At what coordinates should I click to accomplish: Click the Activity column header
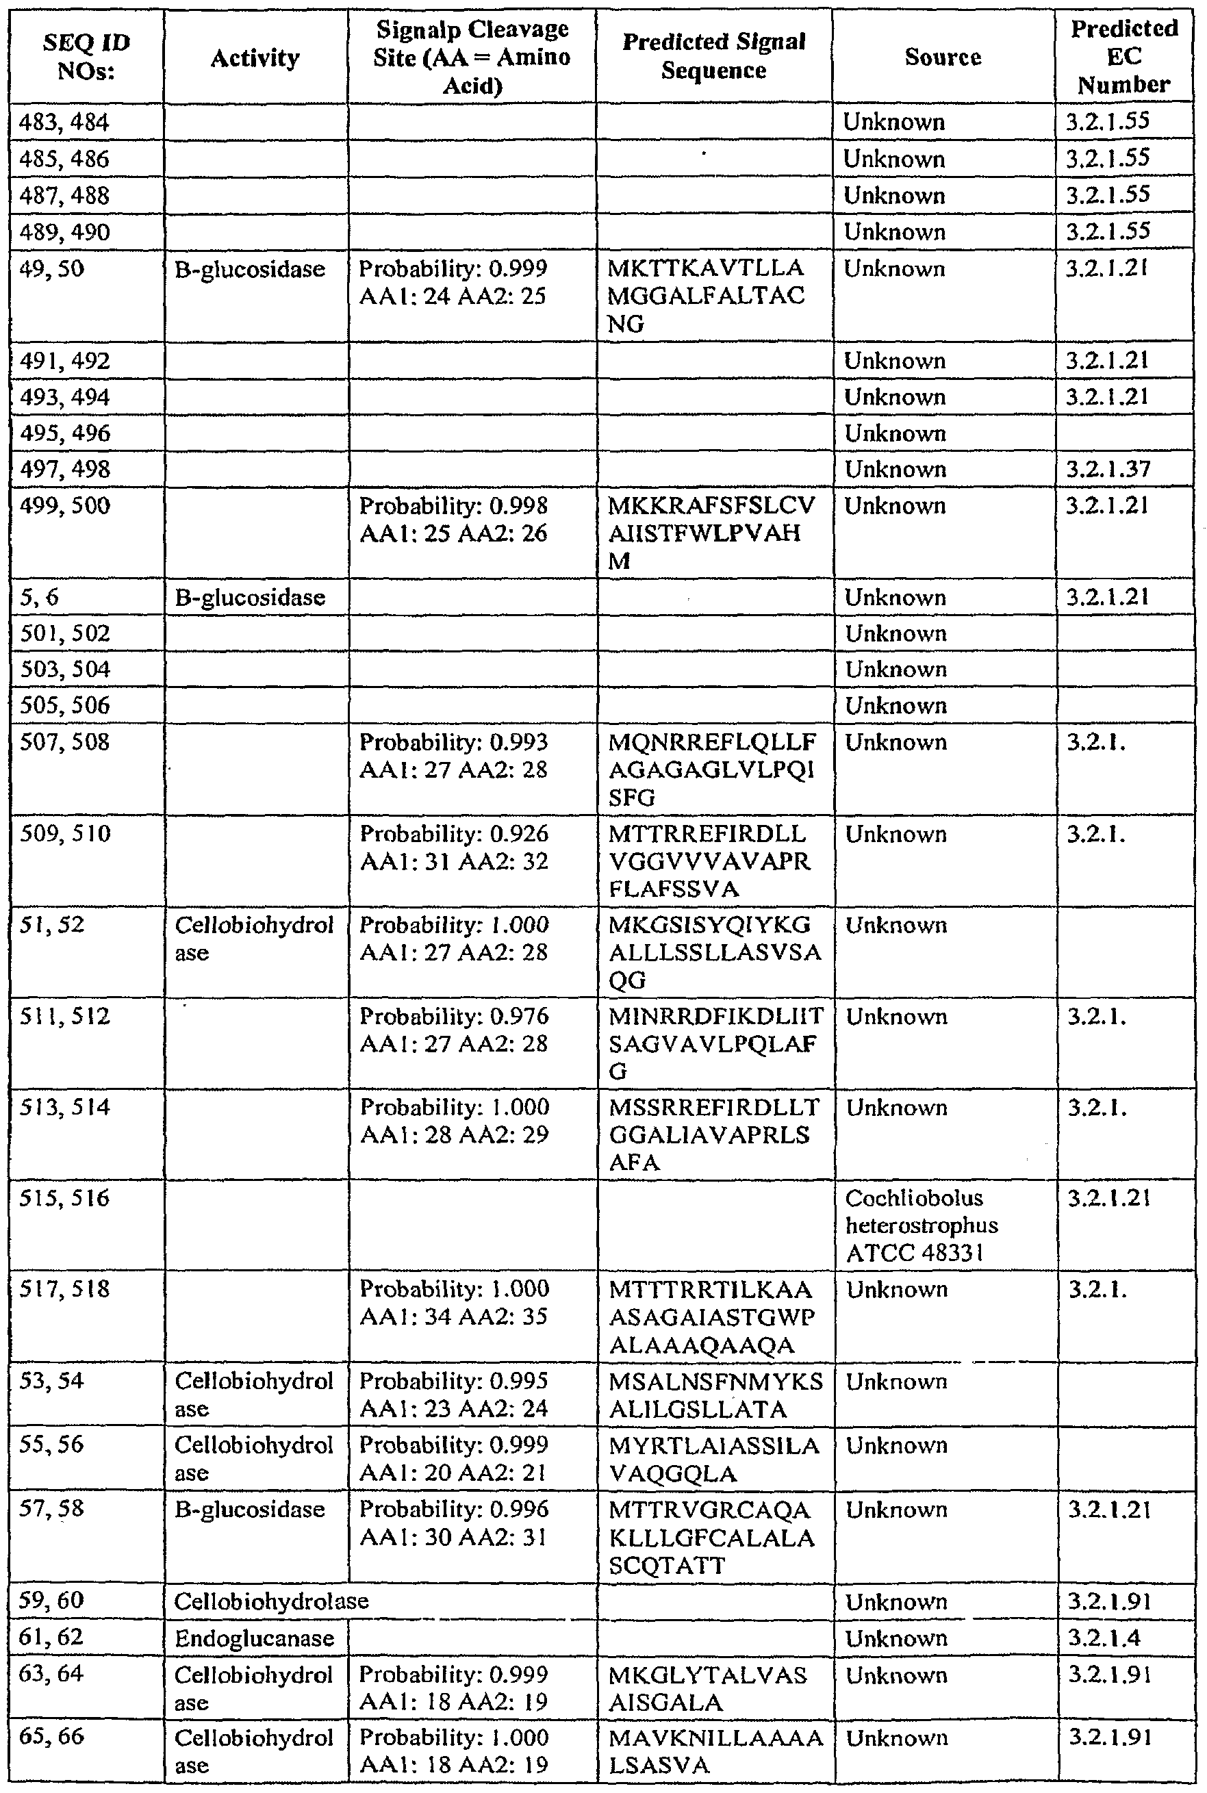point(255,58)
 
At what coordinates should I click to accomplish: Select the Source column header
point(943,57)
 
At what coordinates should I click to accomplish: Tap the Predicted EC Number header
point(1124,56)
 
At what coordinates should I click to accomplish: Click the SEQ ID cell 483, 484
point(64,123)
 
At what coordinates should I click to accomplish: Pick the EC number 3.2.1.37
point(1108,469)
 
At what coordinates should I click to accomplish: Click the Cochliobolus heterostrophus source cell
point(922,1225)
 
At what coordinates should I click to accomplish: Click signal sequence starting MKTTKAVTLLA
point(706,296)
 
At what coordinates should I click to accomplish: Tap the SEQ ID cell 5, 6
point(39,597)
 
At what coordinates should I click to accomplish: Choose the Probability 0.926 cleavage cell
point(454,848)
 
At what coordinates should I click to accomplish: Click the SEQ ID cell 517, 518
point(64,1289)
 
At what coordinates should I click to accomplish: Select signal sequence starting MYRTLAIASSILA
point(713,1459)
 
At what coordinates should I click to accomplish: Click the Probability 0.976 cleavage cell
point(454,1030)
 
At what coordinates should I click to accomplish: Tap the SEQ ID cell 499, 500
point(64,505)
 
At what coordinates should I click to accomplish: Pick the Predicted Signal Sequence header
point(713,56)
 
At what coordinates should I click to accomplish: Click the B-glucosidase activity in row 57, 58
point(249,1510)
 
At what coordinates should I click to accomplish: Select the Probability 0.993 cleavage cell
point(454,756)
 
